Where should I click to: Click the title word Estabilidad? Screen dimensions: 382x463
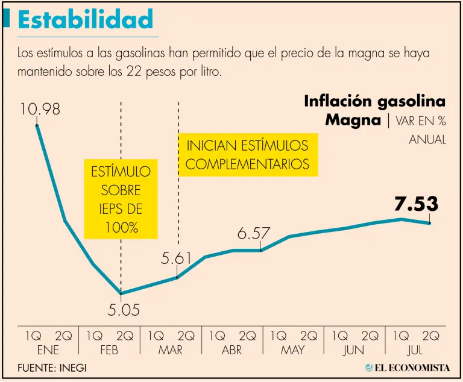coord(85,19)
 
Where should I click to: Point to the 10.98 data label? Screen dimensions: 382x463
coord(40,110)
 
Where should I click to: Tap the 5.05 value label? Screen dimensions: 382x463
coord(124,310)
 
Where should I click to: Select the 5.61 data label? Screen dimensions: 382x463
coord(177,259)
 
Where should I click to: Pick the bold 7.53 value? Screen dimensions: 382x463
coord(416,204)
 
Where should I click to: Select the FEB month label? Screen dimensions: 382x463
coord(109,349)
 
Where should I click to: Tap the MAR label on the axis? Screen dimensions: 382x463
coord(171,349)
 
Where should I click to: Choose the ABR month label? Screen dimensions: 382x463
coord(232,349)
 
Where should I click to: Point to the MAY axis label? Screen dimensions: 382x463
coord(294,349)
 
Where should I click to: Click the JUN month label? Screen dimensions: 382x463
coord(354,349)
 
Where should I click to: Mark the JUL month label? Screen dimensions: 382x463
coord(416,349)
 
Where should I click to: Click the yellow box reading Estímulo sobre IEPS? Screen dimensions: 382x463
coord(121,199)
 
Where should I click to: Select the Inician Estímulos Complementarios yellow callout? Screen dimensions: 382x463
coord(248,155)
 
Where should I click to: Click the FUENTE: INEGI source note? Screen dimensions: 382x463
coord(52,368)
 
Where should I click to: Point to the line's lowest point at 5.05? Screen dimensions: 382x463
coord(121,293)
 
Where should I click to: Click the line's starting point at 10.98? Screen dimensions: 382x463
coord(37,125)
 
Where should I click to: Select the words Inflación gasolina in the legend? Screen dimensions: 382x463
coord(374,101)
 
